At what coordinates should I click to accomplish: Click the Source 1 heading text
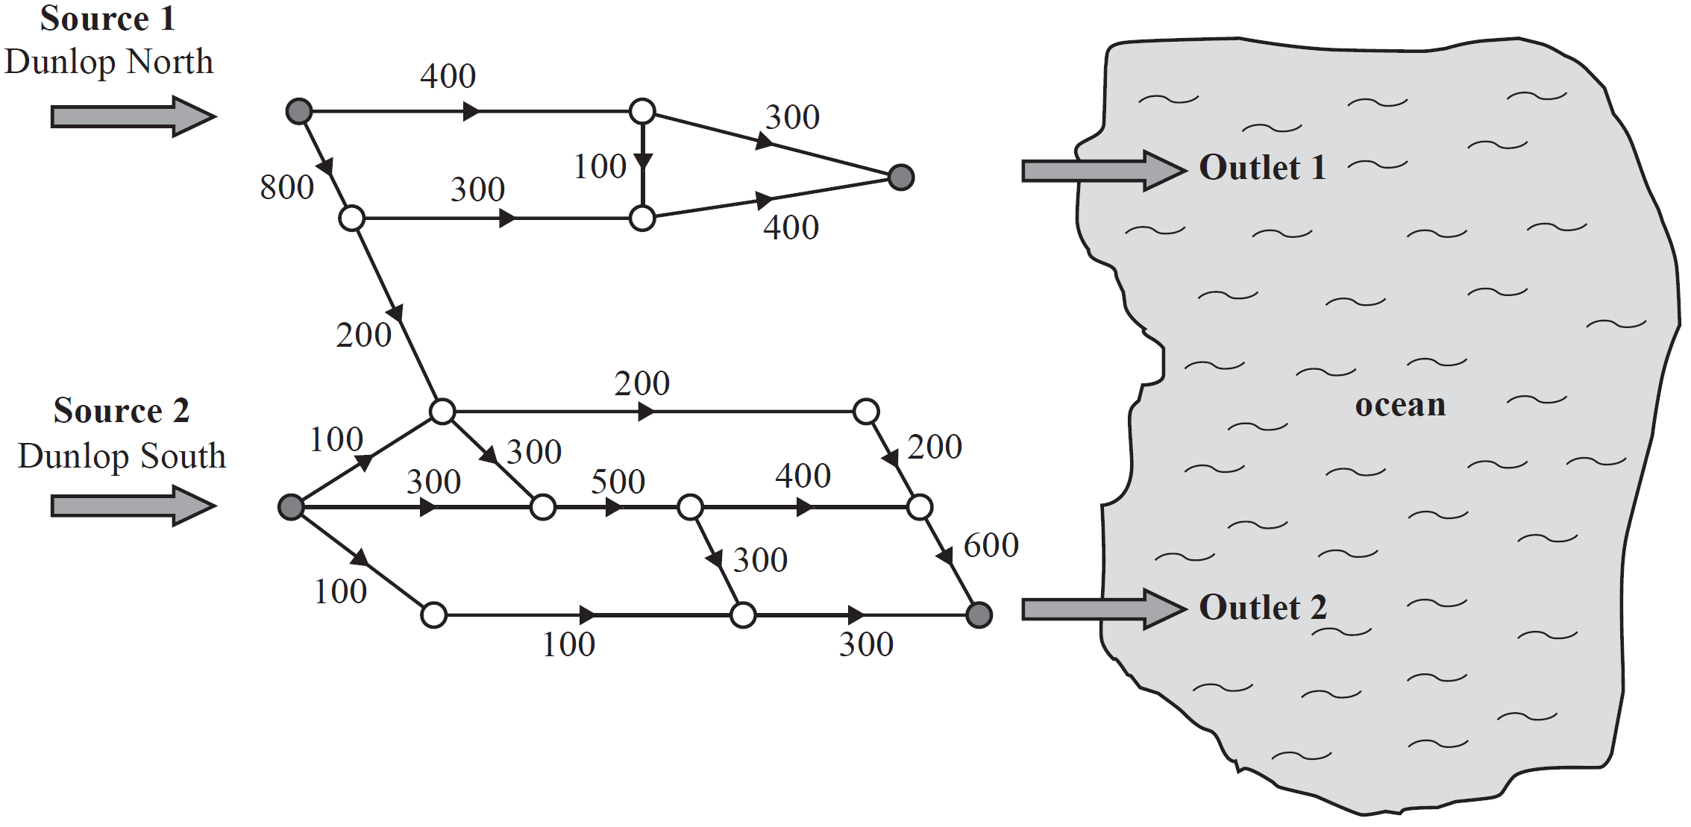pyautogui.click(x=108, y=19)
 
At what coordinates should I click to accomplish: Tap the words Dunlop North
pyautogui.click(x=109, y=62)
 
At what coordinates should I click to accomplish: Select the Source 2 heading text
pyautogui.click(x=122, y=411)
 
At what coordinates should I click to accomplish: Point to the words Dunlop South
pyautogui.click(x=122, y=456)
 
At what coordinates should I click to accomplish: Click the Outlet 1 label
pyautogui.click(x=1263, y=168)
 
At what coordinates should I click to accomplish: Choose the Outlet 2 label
pyautogui.click(x=1263, y=608)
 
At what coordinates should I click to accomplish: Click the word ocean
pyautogui.click(x=1400, y=406)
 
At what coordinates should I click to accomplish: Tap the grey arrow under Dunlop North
pyautogui.click(x=134, y=116)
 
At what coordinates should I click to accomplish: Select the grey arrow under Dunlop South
pyautogui.click(x=134, y=506)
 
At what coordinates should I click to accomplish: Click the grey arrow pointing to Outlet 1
pyautogui.click(x=1104, y=171)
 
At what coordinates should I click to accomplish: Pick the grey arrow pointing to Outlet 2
pyautogui.click(x=1104, y=609)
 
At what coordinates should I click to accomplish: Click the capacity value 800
pyautogui.click(x=287, y=188)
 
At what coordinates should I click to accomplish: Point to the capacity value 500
pyautogui.click(x=618, y=482)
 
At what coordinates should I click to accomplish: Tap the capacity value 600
pyautogui.click(x=991, y=546)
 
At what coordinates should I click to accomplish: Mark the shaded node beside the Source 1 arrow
pyautogui.click(x=299, y=112)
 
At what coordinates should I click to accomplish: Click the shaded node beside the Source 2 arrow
pyautogui.click(x=291, y=507)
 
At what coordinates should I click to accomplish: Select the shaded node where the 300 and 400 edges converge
pyautogui.click(x=901, y=177)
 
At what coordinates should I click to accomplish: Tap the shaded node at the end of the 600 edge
pyautogui.click(x=979, y=615)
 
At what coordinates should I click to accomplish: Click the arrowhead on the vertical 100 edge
pyautogui.click(x=643, y=162)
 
